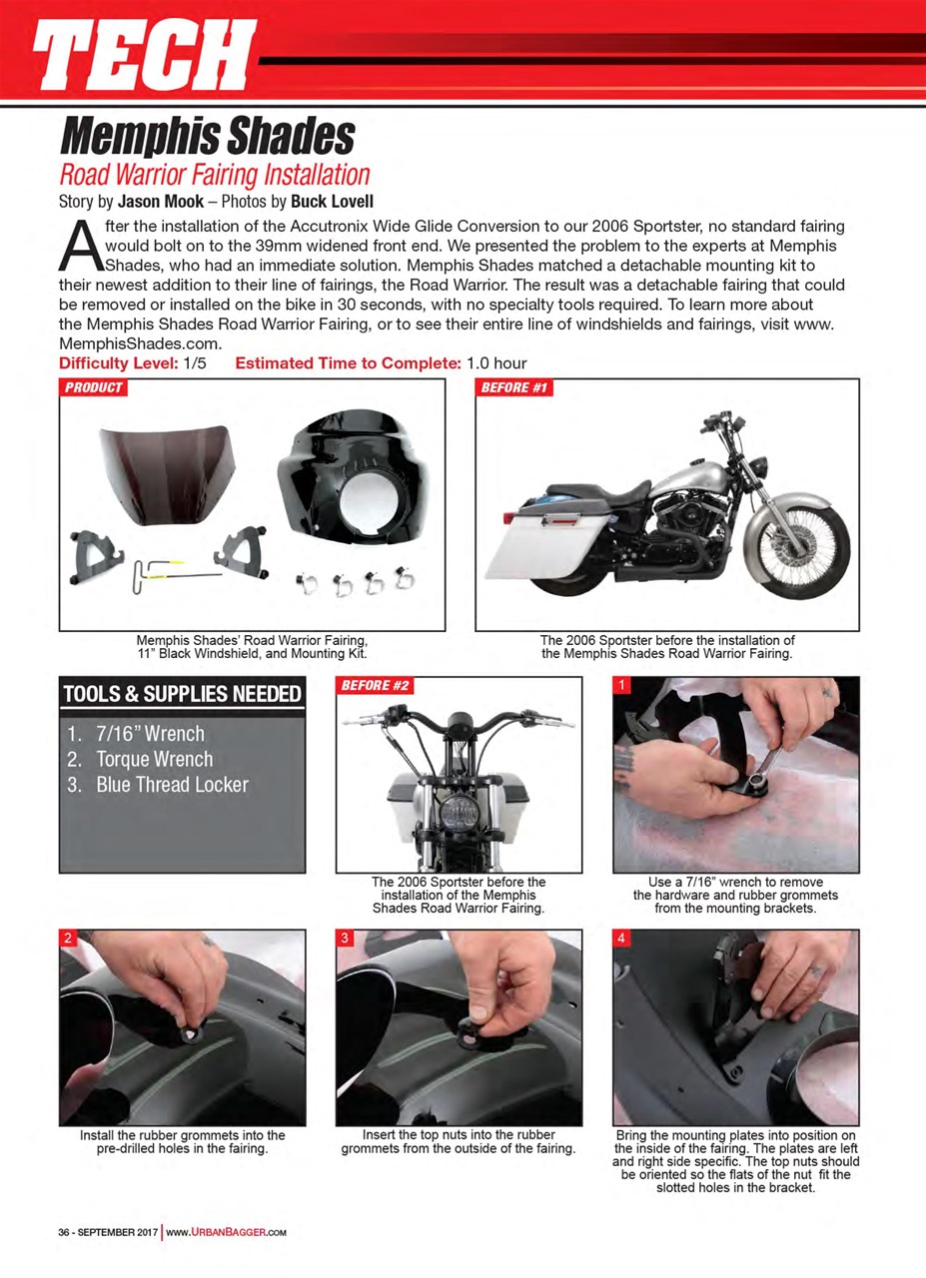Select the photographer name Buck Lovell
tap(333, 200)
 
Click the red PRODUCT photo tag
tap(94, 387)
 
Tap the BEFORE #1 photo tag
tap(514, 387)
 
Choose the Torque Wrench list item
tap(154, 759)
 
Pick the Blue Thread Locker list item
tap(171, 785)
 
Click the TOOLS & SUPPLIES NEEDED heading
tap(182, 694)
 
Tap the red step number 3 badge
tap(344, 939)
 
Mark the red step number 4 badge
tap(620, 939)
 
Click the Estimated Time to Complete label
tap(348, 363)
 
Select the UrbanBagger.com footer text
tap(226, 1232)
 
